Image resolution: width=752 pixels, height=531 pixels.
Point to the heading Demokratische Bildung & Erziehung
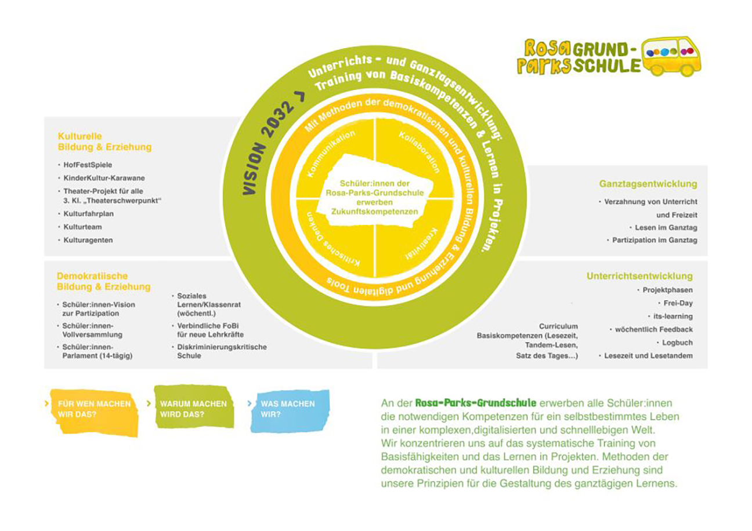pyautogui.click(x=103, y=281)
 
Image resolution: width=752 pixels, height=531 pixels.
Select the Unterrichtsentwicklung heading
pyautogui.click(x=639, y=277)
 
